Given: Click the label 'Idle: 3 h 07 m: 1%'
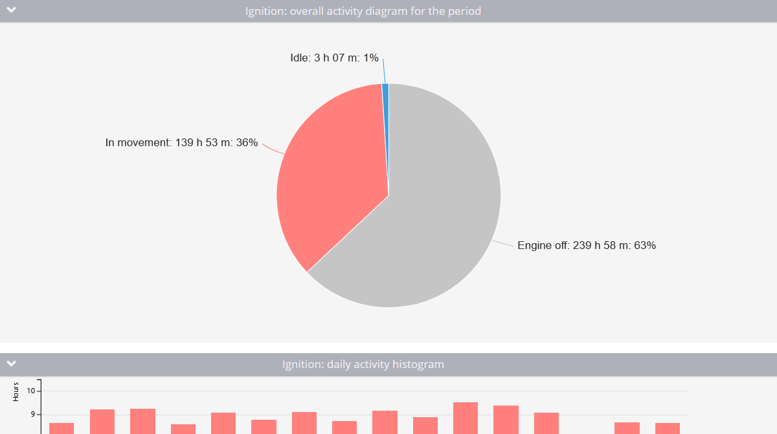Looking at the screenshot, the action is (x=334, y=58).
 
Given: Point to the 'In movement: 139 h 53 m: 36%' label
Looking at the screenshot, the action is (x=181, y=143).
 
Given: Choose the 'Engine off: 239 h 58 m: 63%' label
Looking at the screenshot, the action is (x=587, y=246).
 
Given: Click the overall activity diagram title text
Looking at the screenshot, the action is (x=363, y=11).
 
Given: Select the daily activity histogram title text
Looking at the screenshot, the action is (x=363, y=364).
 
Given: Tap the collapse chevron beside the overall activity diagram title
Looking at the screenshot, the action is (x=12, y=10).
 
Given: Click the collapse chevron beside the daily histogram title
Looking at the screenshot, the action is (x=12, y=363).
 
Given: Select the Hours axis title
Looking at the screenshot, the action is (x=16, y=392).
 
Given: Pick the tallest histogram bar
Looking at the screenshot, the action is (x=466, y=418).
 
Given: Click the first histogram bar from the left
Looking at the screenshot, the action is (x=62, y=428).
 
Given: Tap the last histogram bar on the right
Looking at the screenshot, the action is (x=668, y=428).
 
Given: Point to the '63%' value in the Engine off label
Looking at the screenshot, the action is (x=645, y=246).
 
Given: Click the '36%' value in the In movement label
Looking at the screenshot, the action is (x=247, y=143).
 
